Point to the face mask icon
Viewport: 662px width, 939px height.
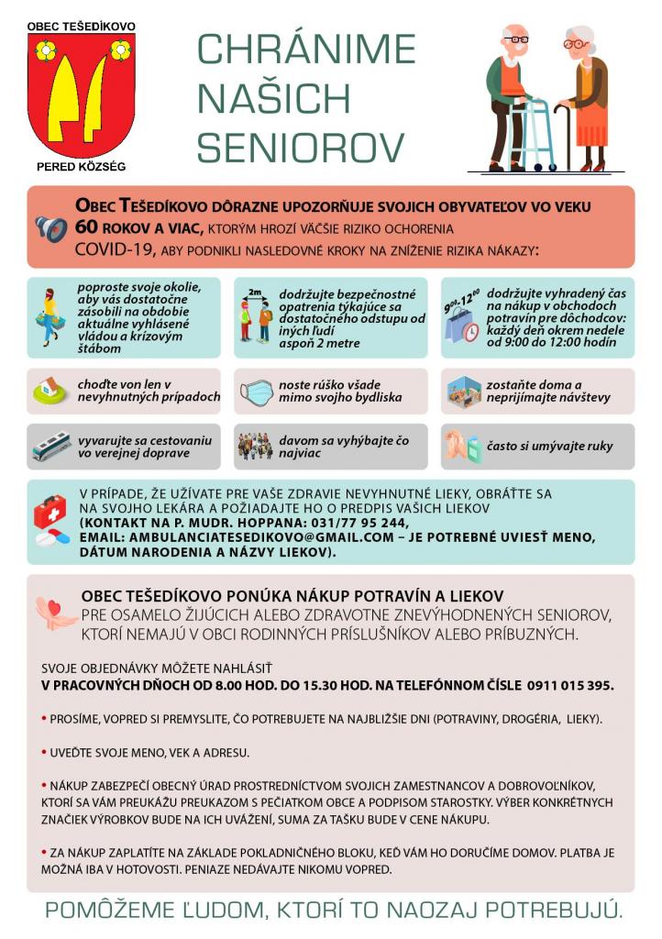pos(257,392)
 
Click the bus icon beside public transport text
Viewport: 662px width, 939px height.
pos(51,447)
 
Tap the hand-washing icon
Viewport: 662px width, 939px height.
pos(463,447)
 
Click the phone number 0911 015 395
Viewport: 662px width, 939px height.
pos(569,685)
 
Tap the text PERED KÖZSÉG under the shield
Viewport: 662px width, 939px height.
pos(81,167)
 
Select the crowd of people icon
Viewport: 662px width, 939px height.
pos(256,447)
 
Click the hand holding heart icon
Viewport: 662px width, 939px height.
pos(54,613)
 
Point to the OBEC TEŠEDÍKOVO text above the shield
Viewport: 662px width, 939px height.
pos(81,25)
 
